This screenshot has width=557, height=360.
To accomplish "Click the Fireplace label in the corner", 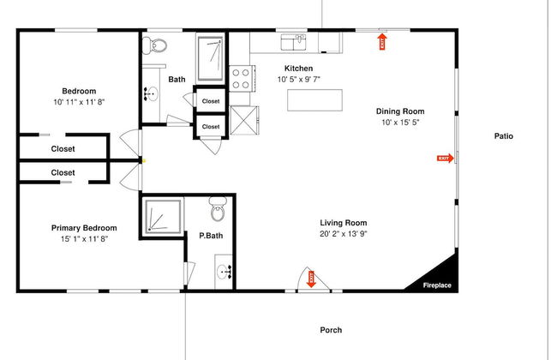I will coord(437,285).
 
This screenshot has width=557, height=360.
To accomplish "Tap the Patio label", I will coord(503,135).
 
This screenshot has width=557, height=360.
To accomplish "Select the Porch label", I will coord(331,329).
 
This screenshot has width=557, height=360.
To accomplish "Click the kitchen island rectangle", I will coord(314,99).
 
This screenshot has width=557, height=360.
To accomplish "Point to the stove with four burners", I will coord(241,79).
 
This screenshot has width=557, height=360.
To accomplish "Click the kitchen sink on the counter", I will coord(295,39).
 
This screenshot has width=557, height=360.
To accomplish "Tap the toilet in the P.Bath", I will coord(217,207).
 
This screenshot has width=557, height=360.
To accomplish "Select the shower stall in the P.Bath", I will coord(163,217).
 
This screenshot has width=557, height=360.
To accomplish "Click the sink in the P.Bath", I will coord(225,273).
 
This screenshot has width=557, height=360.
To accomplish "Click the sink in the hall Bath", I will coord(152,93).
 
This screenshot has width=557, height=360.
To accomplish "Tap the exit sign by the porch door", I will coord(312,278).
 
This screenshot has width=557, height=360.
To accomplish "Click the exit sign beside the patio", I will coord(444,158).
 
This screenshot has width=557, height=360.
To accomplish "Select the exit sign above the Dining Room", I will coord(382,40).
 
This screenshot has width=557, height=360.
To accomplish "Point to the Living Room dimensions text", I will coord(344,233).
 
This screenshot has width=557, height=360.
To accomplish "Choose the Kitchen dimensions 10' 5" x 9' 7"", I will coord(298,80).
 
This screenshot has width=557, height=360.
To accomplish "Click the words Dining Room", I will coord(400,111).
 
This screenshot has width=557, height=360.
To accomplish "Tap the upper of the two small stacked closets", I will coord(210,101).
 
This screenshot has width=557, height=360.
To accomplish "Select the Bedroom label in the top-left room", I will coord(79,91).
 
